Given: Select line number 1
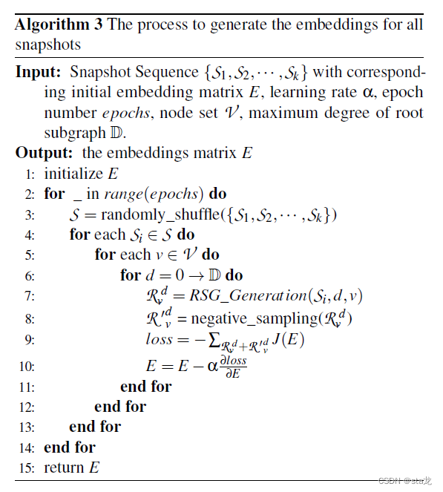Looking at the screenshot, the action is pyautogui.click(x=30, y=174).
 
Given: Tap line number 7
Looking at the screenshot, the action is pyautogui.click(x=30, y=296).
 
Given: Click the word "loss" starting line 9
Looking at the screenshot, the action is pyautogui.click(x=160, y=339).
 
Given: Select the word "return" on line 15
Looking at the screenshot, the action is pyautogui.click(x=64, y=468).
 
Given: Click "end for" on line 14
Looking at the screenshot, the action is pyautogui.click(x=69, y=447).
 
